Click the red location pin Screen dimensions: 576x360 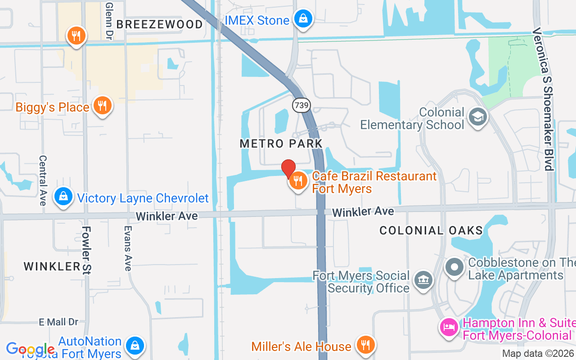(288, 169)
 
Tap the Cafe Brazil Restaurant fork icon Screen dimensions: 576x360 (297, 181)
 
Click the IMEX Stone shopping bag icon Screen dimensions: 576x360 (303, 19)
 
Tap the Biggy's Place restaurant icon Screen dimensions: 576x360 (103, 106)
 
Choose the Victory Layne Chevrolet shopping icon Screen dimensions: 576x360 (63, 197)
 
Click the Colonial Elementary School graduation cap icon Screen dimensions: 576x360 (477, 117)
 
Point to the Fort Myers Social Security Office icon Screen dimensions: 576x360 (423, 280)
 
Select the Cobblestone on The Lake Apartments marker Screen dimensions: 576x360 (454, 267)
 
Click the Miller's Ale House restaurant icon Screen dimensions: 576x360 (365, 345)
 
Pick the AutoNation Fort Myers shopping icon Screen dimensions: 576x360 (135, 346)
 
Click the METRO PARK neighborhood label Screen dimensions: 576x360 (281, 144)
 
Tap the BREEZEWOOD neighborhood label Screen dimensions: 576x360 (160, 24)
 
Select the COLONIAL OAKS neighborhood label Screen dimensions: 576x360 (431, 231)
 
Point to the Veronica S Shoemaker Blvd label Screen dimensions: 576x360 (543, 99)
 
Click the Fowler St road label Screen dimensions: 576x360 (86, 250)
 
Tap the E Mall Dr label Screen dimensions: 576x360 (58, 322)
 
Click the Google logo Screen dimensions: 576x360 (31, 349)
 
